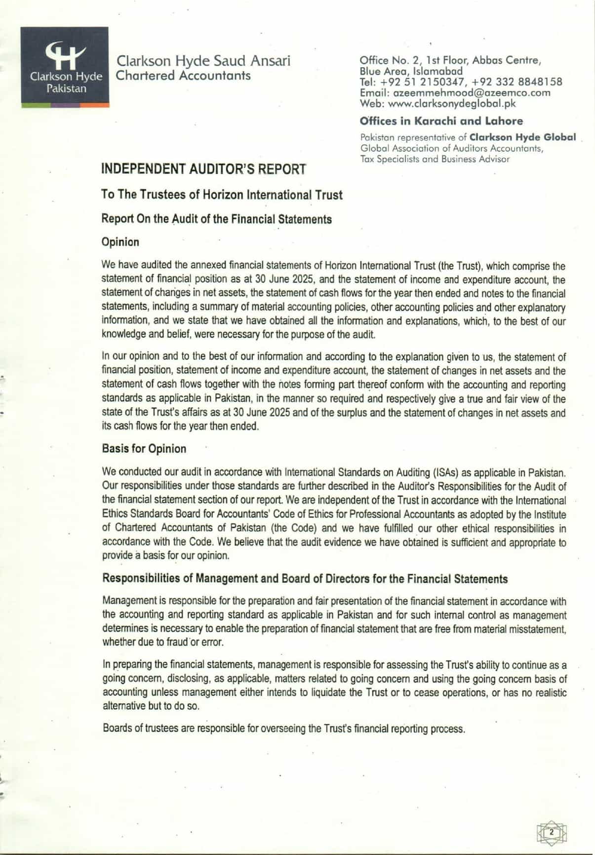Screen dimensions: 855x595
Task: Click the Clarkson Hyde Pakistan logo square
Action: coord(65,67)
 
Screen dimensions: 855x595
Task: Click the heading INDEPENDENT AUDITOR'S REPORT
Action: coord(203,169)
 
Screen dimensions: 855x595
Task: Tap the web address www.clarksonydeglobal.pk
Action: coord(452,104)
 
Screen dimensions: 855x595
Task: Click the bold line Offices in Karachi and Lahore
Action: coord(441,121)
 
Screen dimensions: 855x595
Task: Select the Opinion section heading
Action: coord(120,242)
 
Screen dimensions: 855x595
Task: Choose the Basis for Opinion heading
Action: coord(144,449)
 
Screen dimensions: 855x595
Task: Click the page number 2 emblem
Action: coord(552,832)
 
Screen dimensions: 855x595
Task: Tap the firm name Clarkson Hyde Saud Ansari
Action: coord(203,61)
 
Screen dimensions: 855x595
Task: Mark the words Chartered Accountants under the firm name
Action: coord(183,76)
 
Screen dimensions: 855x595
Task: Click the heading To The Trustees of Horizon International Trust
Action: coord(222,195)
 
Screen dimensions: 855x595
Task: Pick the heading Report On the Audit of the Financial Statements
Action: coord(216,219)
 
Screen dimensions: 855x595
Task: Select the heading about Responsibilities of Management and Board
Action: coord(305,579)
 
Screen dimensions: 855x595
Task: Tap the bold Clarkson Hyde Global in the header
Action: coord(522,137)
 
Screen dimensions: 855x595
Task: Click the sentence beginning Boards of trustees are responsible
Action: coord(284,728)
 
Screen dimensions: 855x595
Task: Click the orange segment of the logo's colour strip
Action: coord(94,105)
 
